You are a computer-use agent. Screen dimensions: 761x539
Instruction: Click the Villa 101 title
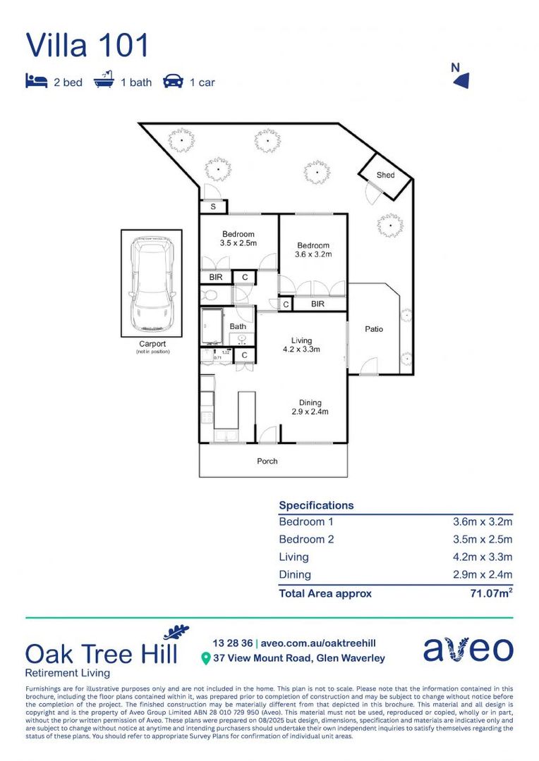tap(87, 45)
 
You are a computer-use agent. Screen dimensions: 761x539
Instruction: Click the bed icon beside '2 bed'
tap(36, 81)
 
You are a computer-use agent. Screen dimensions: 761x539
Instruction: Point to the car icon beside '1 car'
tap(173, 82)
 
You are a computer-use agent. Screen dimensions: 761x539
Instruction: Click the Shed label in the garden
tap(385, 175)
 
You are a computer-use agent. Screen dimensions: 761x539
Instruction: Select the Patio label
tap(374, 329)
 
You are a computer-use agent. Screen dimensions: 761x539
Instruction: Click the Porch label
tap(267, 462)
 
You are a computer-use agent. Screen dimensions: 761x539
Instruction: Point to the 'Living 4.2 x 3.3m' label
tap(301, 345)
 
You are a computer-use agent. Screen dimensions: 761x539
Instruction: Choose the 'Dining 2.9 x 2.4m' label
tap(310, 407)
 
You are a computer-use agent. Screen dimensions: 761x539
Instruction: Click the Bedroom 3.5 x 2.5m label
tap(238, 239)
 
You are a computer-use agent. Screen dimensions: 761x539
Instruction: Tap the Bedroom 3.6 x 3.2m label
tap(313, 250)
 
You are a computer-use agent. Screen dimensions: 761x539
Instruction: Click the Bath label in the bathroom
tap(237, 326)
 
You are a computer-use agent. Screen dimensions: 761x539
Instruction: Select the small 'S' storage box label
tap(214, 207)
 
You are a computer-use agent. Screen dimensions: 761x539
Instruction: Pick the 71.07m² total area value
tap(491, 593)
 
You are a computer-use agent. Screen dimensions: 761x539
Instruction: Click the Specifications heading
tap(316, 505)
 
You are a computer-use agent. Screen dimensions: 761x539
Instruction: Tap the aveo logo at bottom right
tap(468, 649)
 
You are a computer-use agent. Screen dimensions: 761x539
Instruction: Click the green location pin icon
tap(206, 659)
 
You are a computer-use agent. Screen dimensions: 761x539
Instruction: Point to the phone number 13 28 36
tap(232, 643)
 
